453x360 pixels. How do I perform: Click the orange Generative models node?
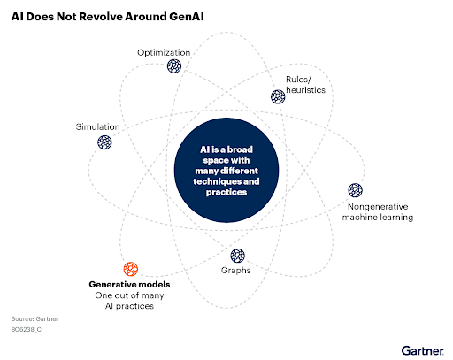coord(131,269)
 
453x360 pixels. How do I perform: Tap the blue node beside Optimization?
coord(174,66)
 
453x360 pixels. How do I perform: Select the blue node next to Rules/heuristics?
coord(278,96)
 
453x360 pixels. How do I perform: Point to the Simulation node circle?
coord(104,142)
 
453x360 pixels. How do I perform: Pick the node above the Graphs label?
coord(237,256)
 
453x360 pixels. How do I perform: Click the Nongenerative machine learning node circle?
coord(355,190)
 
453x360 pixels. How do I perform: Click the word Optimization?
coord(164,53)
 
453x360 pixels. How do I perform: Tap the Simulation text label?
coord(97,126)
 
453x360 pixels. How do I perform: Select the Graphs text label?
coord(236,271)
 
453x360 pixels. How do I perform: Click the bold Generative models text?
coord(129,285)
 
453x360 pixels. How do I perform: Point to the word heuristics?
coord(305,90)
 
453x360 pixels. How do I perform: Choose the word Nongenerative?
coord(378,207)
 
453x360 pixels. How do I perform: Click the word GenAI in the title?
coord(187,17)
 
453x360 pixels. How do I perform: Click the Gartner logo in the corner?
coord(422,351)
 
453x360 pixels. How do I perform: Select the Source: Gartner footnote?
coord(35,318)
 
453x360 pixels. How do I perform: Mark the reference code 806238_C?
coord(27,329)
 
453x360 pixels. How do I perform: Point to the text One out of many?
coord(129,295)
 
